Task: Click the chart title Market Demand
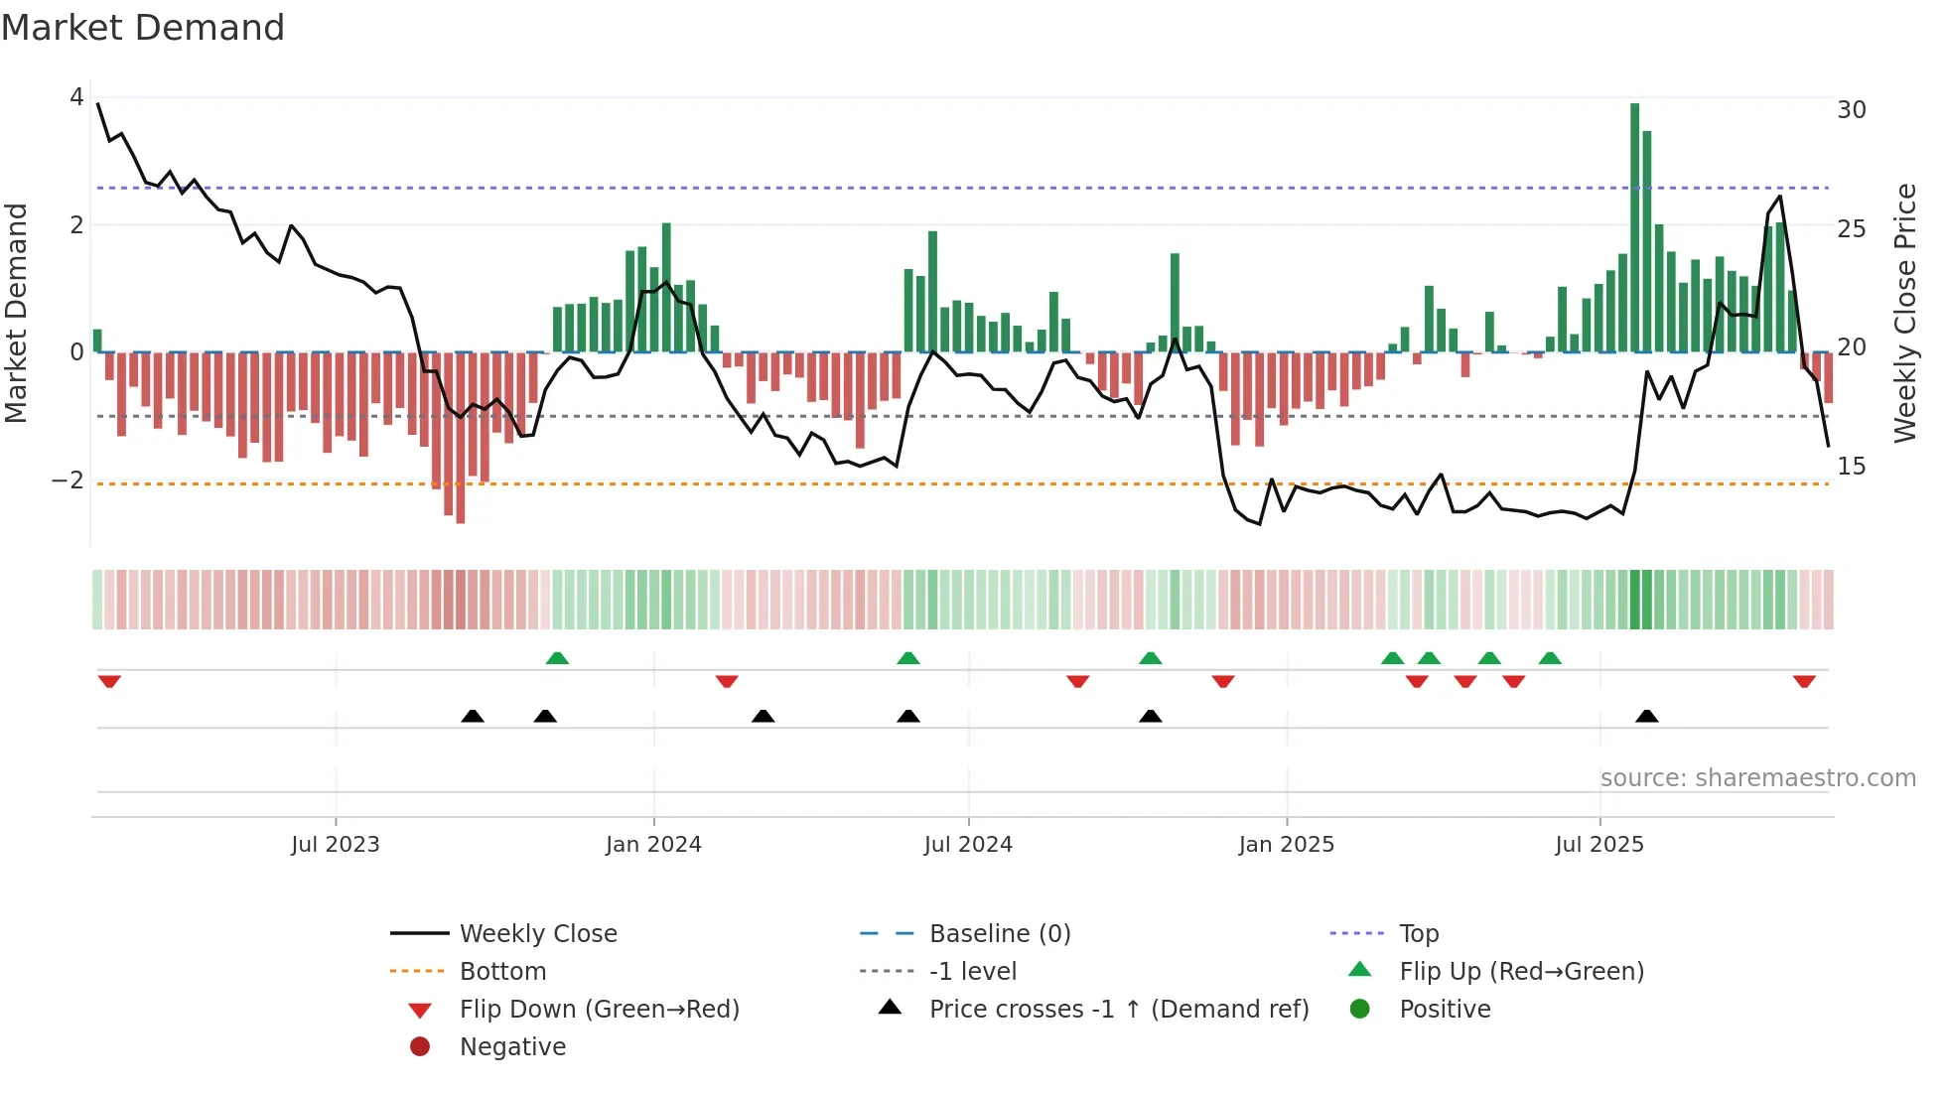[x=143, y=28]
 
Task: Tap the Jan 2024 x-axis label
[x=653, y=845]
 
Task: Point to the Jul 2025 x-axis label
[x=1599, y=845]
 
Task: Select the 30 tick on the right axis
[x=1851, y=110]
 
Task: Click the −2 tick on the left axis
[x=69, y=480]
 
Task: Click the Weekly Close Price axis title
[x=1904, y=313]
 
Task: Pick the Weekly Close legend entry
[x=537, y=934]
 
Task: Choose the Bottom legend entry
[x=502, y=972]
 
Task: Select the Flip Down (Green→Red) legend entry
[x=599, y=1010]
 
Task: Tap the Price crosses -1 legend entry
[x=1118, y=1010]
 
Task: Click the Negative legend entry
[x=512, y=1047]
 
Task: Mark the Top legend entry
[x=1419, y=934]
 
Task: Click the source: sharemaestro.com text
[x=1757, y=778]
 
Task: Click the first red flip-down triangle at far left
[x=109, y=682]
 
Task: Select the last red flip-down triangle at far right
[x=1804, y=682]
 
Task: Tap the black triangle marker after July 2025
[x=1646, y=716]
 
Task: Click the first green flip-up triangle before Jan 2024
[x=557, y=658]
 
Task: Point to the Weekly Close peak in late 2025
[x=1780, y=197]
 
